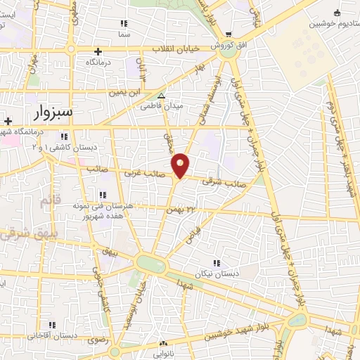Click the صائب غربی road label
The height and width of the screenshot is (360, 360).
(138, 172)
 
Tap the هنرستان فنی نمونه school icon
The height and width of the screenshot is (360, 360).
(103, 195)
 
